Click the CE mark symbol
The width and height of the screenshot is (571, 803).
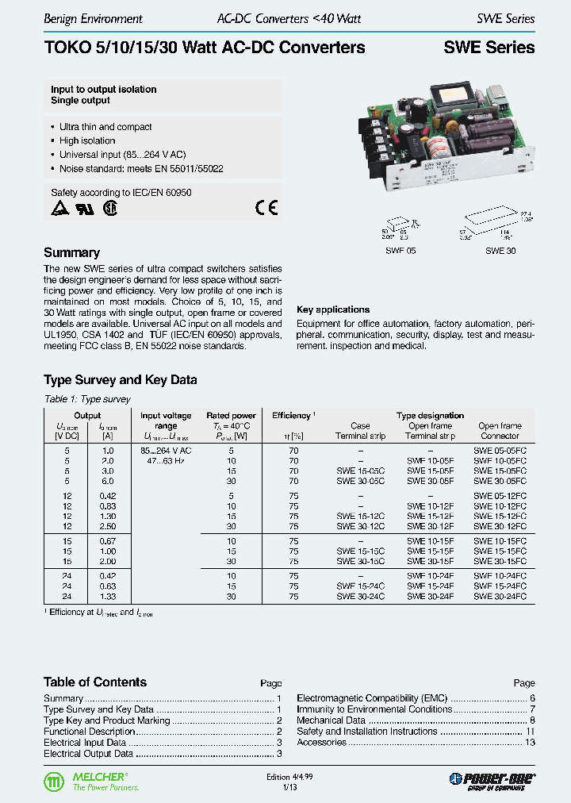click(266, 209)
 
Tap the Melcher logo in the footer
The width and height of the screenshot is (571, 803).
click(91, 781)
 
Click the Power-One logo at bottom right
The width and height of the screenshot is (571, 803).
click(492, 781)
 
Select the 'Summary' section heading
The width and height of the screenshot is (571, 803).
click(71, 252)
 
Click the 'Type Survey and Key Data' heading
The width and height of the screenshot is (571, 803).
click(120, 380)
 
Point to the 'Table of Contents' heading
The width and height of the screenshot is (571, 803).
click(95, 682)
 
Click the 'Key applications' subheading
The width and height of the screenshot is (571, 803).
click(333, 309)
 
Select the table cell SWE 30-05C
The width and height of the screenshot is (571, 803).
click(360, 481)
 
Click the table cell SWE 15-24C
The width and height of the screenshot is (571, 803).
click(360, 586)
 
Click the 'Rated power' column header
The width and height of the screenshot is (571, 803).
click(231, 415)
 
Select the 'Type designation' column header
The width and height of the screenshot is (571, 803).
click(430, 415)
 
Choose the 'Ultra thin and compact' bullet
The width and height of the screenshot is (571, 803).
click(105, 127)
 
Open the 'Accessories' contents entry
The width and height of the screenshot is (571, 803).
click(321, 743)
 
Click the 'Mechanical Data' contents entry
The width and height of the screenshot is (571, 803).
click(331, 720)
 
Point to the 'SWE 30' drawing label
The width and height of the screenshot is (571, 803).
click(500, 250)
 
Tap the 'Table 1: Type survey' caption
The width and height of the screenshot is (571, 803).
click(87, 399)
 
